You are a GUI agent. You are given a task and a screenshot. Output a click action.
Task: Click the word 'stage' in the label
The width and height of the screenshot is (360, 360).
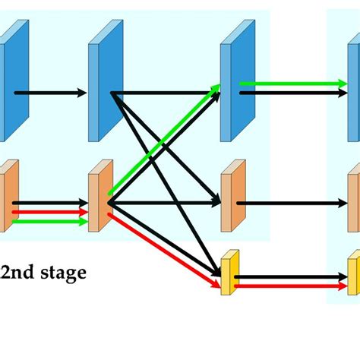pos(61,273)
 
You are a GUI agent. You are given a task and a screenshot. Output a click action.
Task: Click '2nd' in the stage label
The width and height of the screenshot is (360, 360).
pos(17,273)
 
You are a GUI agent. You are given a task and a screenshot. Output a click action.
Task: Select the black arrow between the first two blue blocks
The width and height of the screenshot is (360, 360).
pos(50,93)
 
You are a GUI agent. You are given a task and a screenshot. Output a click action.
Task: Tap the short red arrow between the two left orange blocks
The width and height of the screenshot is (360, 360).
pos(50,213)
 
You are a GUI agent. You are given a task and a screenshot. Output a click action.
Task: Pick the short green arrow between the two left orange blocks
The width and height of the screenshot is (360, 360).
pos(50,222)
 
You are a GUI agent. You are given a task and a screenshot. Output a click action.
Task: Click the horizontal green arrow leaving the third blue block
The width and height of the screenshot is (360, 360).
pos(289,84)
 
